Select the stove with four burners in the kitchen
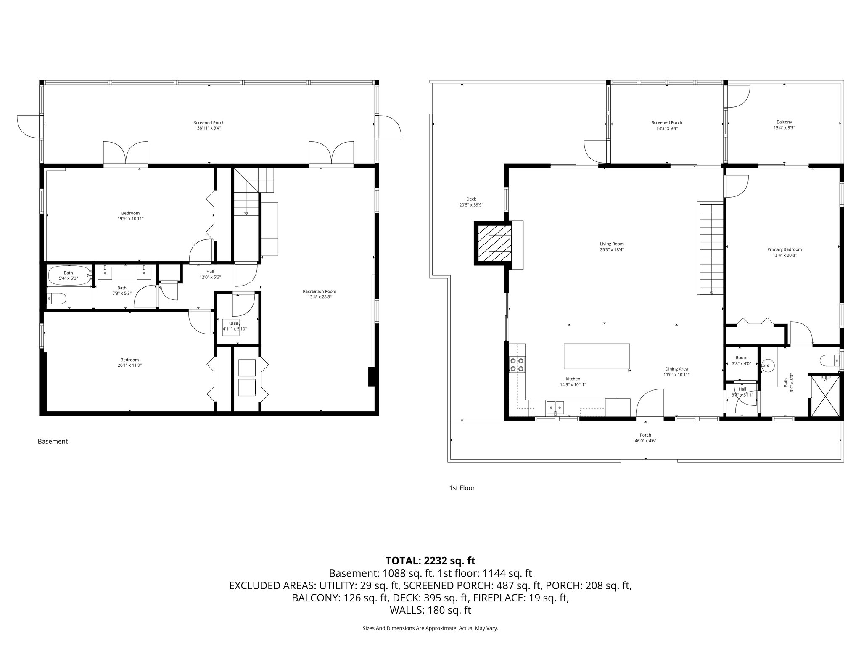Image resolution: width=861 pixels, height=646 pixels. tap(517, 365)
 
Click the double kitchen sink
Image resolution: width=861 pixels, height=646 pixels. tap(555, 407)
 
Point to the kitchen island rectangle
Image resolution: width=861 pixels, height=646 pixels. tap(597, 356)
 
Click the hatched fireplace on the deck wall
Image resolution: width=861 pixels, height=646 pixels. tap(494, 243)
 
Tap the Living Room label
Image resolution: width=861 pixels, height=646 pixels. tap(611, 244)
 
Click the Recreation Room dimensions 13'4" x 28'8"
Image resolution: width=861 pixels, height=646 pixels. tap(320, 297)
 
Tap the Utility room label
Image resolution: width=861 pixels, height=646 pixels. tap(235, 323)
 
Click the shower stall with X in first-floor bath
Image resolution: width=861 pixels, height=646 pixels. tap(825, 396)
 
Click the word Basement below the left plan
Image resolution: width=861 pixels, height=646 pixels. tap(53, 441)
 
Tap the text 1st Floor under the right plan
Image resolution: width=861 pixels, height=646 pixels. tap(462, 488)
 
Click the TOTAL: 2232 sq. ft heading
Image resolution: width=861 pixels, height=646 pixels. tap(430, 561)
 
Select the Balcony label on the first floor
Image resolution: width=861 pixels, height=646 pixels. tap(784, 122)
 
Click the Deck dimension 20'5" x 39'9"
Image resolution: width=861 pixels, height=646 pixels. tap(471, 205)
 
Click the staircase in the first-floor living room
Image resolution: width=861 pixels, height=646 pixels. tap(710, 248)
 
